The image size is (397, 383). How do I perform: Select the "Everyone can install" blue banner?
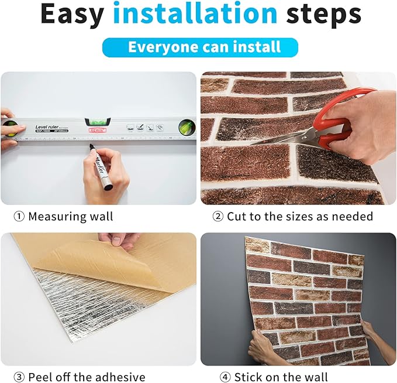pos(199,47)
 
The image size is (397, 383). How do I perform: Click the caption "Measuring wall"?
pos(71,217)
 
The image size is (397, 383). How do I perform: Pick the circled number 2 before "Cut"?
pos(218,217)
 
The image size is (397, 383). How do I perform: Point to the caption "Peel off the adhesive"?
pos(87,377)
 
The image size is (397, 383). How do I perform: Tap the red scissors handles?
pos(351,114)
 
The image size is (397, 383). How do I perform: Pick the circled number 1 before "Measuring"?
pos(19,217)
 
